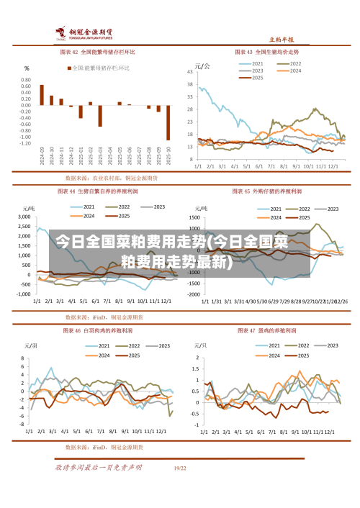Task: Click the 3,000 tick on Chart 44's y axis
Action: [24, 217]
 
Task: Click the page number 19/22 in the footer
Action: [180, 468]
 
